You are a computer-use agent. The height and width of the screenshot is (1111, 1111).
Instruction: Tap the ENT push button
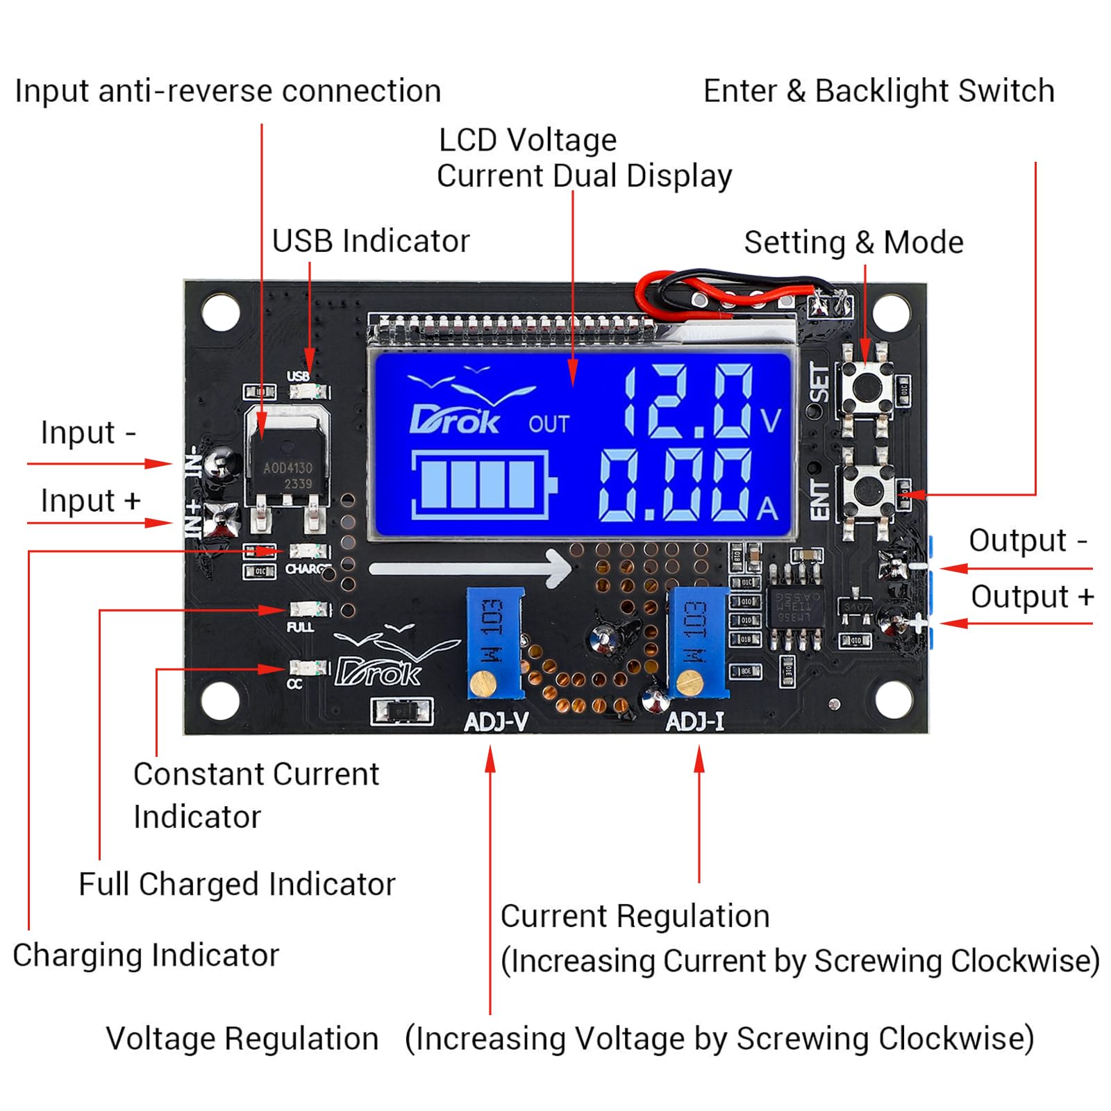[864, 491]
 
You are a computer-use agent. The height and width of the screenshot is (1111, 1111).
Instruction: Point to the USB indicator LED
[310, 392]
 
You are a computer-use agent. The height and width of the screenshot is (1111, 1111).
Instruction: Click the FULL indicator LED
[310, 610]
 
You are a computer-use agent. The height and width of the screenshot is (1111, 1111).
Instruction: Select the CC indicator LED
[309, 668]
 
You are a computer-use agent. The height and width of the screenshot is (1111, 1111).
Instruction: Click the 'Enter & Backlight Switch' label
[878, 91]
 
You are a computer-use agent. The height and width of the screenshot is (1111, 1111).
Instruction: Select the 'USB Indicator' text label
[370, 241]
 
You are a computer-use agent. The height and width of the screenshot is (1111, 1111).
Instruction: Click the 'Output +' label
[1031, 596]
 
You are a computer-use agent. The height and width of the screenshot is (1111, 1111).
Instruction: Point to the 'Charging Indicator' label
[146, 955]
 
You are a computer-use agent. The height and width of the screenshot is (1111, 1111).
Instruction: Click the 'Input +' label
[90, 500]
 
